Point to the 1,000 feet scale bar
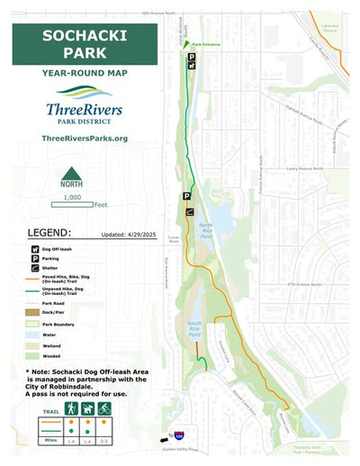tap(72, 204)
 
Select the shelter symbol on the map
tap(189, 212)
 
